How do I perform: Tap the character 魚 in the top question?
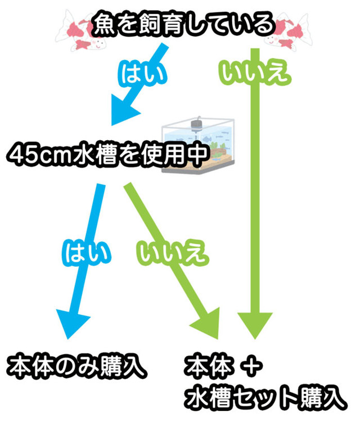[x=105, y=24]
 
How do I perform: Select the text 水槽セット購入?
[x=264, y=397]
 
